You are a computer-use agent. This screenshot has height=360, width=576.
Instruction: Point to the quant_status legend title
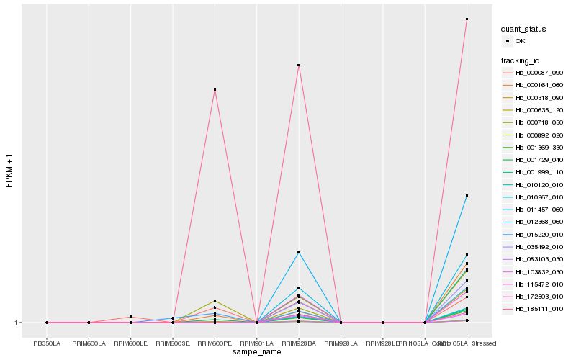pos(523,29)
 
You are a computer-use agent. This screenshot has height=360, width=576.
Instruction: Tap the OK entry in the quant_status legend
pos(531,41)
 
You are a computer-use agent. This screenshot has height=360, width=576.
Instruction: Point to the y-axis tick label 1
pos(17,323)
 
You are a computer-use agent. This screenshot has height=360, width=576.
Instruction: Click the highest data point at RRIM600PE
pos(215,89)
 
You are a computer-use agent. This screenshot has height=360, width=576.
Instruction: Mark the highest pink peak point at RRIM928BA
pos(299,66)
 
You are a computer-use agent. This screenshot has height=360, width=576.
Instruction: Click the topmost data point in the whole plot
pos(467,19)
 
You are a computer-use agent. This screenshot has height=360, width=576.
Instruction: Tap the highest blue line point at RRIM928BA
pos(299,253)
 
